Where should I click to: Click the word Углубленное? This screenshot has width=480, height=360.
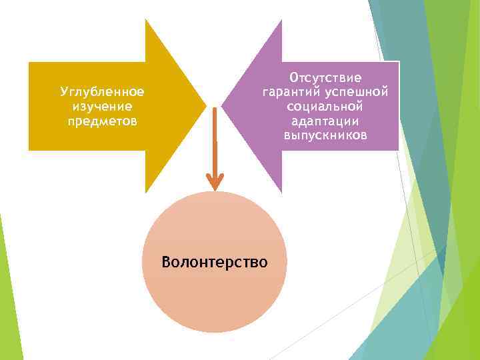pos(102,91)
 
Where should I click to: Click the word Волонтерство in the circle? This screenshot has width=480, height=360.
pos(215,261)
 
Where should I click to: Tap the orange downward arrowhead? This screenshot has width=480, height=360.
pos(215,181)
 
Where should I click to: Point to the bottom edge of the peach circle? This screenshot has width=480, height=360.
pos(215,331)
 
